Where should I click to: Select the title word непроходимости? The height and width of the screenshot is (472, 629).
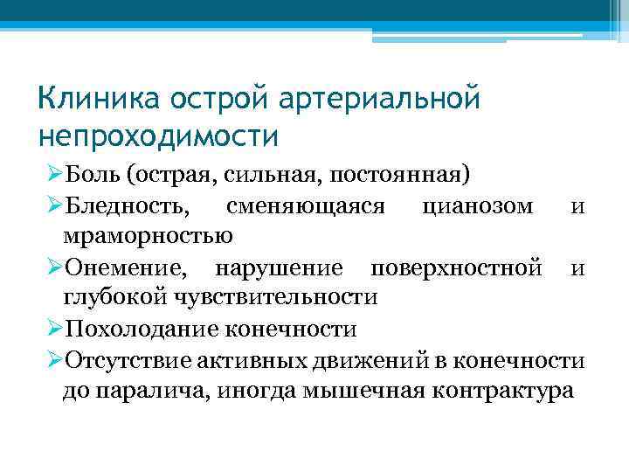(x=158, y=135)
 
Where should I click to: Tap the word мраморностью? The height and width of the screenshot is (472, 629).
(x=147, y=236)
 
